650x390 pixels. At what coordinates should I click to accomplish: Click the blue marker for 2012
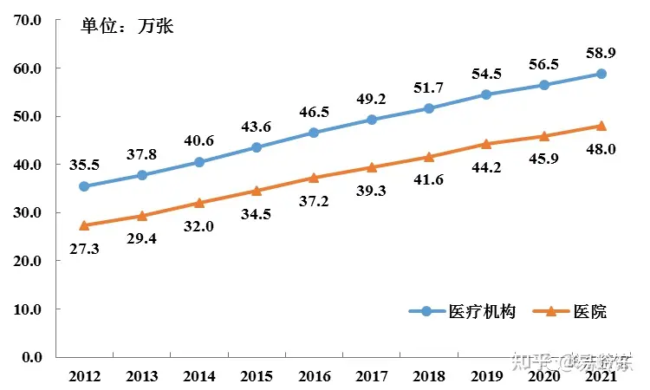[x=84, y=186]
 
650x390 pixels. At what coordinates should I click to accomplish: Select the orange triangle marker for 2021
[x=601, y=126]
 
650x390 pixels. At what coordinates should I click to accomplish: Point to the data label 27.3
[x=84, y=248]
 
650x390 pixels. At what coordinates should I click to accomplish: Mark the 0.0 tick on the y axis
[x=33, y=357]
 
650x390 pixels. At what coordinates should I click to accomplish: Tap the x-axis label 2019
[x=486, y=376]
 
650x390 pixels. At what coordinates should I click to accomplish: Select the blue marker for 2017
[x=372, y=120]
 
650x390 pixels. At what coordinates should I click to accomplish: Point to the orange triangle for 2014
[x=199, y=203]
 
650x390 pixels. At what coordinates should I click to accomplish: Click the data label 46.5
[x=314, y=113]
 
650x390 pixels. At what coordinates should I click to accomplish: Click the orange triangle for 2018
[x=429, y=157]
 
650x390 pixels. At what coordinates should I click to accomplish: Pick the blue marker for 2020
[x=544, y=85]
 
